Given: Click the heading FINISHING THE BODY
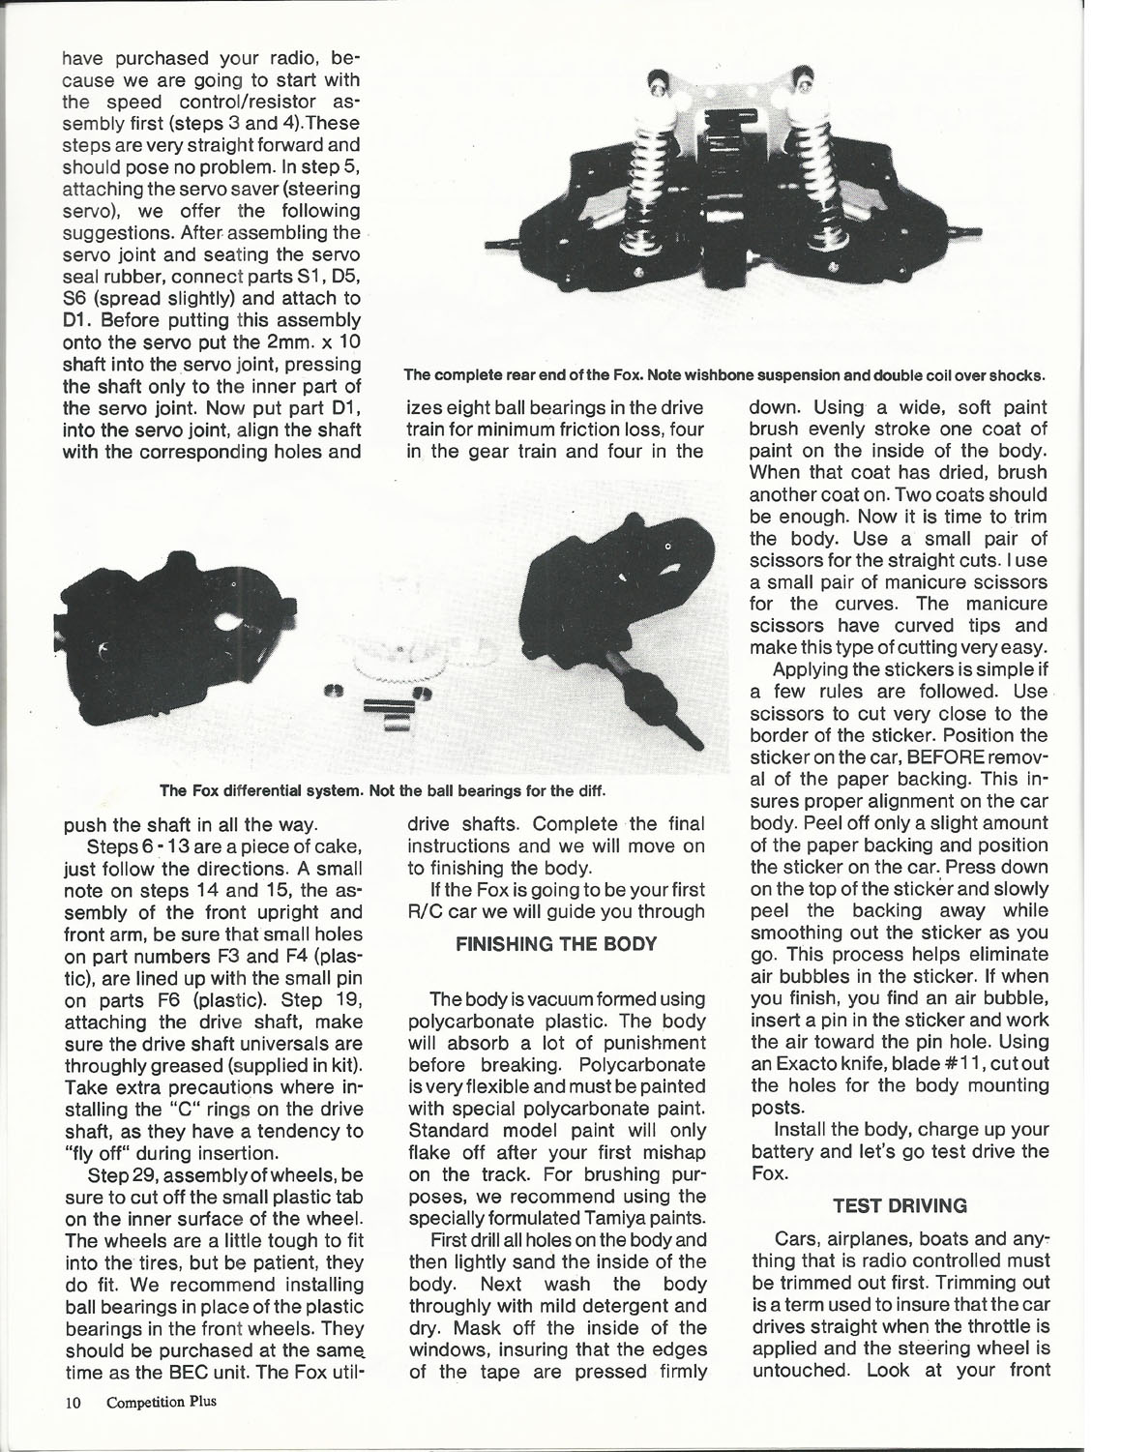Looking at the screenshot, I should tap(549, 945).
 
